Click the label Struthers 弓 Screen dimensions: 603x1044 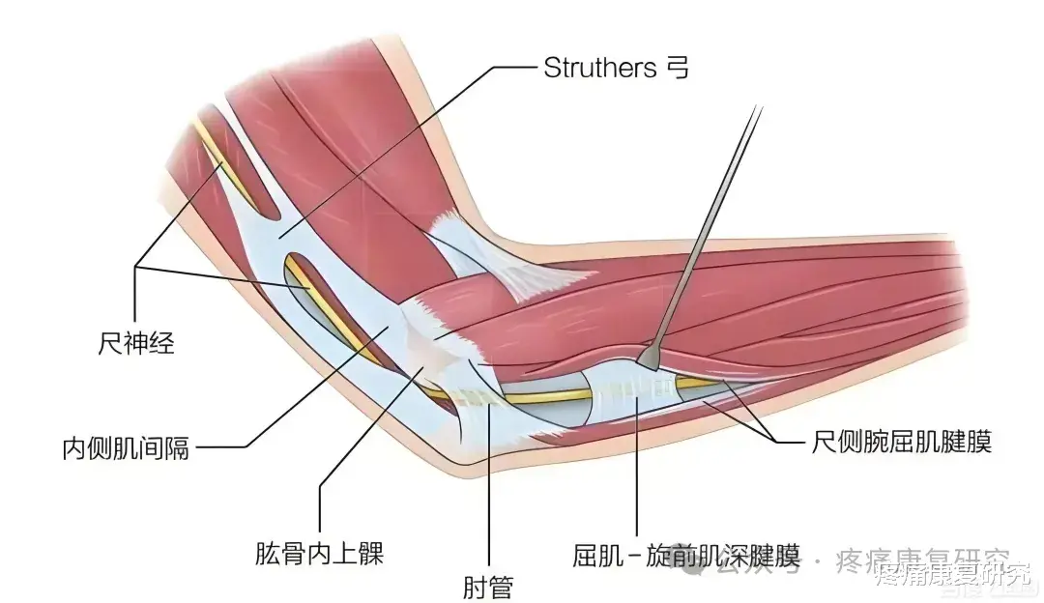pyautogui.click(x=617, y=68)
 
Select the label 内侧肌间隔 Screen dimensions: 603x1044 pyautogui.click(x=127, y=448)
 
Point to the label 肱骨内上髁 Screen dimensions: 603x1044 pyautogui.click(x=316, y=554)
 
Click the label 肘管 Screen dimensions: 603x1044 pyautogui.click(x=488, y=586)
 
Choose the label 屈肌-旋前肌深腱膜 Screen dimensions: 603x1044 pyautogui.click(x=685, y=556)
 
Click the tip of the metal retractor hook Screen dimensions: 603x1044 pyautogui.click(x=650, y=367)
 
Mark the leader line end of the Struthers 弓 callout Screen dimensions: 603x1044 pyautogui.click(x=280, y=235)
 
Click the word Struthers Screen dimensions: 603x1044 pyautogui.click(x=599, y=68)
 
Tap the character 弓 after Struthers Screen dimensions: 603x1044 pyautogui.click(x=679, y=68)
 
